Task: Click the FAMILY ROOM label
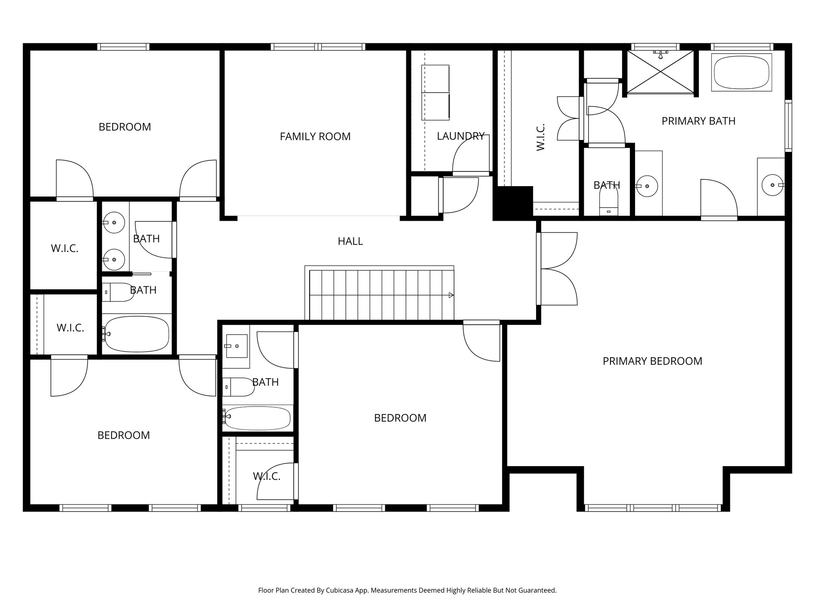tap(315, 136)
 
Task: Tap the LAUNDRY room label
tap(460, 136)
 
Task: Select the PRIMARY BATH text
tap(698, 121)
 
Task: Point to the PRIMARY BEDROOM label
tap(652, 361)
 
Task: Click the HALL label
tap(350, 241)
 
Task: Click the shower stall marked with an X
tap(660, 72)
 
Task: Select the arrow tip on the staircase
tap(451, 295)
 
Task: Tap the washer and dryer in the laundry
tap(435, 92)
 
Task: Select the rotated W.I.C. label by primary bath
tap(540, 137)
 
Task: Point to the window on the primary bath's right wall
tap(788, 126)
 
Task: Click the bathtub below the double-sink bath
tap(136, 334)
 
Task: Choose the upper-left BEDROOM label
tap(125, 127)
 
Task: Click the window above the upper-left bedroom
tap(123, 47)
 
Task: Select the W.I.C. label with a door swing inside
tap(267, 476)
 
